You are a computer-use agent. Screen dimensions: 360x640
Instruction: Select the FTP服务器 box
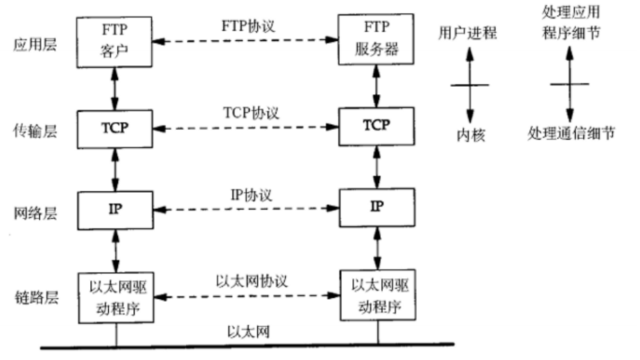[x=376, y=41]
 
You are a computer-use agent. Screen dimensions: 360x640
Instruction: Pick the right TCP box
[x=377, y=126]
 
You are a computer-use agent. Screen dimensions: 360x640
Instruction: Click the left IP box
[x=116, y=208]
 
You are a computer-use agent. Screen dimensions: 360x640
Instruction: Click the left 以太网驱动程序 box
[x=116, y=298]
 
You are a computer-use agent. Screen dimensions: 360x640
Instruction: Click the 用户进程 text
[x=468, y=33]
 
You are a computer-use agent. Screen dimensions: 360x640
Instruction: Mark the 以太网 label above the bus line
[x=248, y=332]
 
